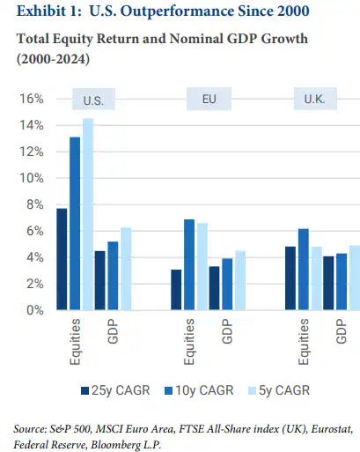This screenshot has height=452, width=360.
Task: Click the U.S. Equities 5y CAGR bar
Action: pos(88,214)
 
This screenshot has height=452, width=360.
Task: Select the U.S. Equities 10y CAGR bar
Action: pos(75,224)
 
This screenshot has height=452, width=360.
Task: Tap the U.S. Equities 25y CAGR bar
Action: pos(62,259)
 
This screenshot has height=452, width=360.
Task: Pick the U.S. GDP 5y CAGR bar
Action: pos(126,269)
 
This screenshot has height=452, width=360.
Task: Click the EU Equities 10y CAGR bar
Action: pos(189,264)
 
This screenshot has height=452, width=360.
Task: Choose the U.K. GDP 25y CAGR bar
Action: pos(329,283)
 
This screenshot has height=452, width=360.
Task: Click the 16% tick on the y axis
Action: pos(33,99)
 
